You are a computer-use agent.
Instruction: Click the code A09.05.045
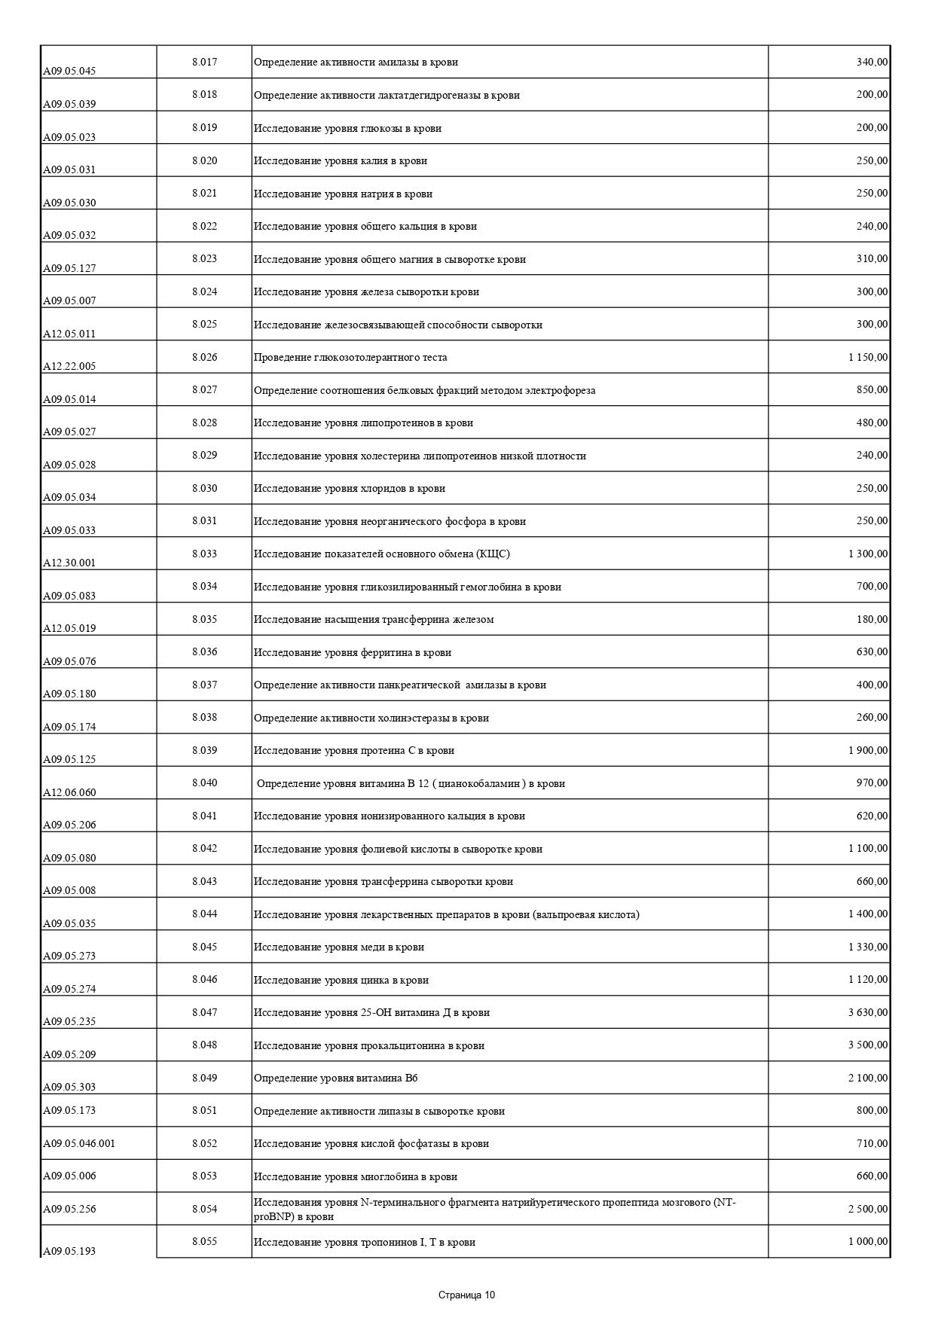point(69,72)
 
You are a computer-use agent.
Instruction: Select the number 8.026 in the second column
point(204,357)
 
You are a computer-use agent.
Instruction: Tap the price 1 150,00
point(868,357)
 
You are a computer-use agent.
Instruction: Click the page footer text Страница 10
point(467,1295)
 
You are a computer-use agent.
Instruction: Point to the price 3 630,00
point(868,1012)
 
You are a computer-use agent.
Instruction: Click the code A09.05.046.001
point(79,1143)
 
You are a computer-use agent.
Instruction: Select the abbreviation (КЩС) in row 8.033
point(493,554)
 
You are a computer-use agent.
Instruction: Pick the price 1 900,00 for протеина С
point(868,750)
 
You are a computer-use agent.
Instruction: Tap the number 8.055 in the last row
point(204,1241)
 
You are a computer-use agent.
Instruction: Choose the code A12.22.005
point(69,367)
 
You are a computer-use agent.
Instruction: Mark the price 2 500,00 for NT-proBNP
point(868,1209)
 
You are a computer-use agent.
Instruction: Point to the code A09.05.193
point(69,1251)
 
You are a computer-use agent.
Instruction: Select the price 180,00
point(872,619)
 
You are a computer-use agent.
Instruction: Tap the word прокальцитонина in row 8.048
point(402,1045)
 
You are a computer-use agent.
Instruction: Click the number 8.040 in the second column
point(204,783)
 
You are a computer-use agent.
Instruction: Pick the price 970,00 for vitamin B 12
point(872,783)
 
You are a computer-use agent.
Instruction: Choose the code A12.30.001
point(69,563)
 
